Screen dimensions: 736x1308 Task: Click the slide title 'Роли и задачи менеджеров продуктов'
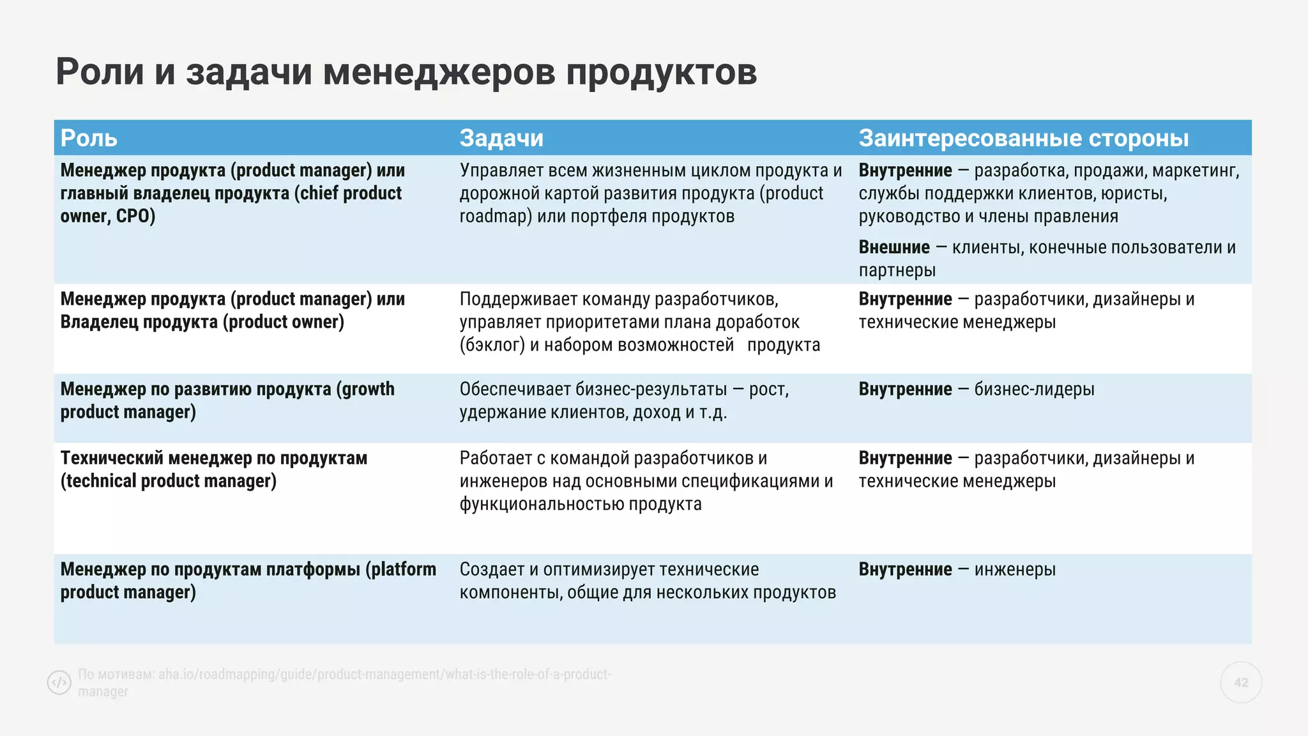pos(406,72)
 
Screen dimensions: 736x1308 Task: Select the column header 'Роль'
pos(89,138)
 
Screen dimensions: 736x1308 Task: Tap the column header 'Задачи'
pos(501,138)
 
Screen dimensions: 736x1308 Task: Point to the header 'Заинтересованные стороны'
pos(1023,138)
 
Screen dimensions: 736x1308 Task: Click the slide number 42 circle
pos(1240,682)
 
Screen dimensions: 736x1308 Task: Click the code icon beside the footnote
pos(59,682)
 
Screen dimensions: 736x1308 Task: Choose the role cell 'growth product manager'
pos(227,401)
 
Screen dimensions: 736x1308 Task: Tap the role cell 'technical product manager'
pos(214,470)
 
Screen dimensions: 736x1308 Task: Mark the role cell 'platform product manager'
pos(248,581)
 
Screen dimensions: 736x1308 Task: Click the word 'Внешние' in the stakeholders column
pos(894,247)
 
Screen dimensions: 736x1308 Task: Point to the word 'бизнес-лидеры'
pos(1034,389)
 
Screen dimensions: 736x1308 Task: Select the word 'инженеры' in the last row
pos(1015,569)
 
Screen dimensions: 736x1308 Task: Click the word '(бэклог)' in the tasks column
pos(492,345)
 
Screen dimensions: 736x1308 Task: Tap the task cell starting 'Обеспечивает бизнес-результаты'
pos(624,401)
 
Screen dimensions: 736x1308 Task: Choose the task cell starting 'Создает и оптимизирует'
pos(648,581)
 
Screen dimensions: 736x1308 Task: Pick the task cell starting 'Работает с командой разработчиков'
pos(646,481)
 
